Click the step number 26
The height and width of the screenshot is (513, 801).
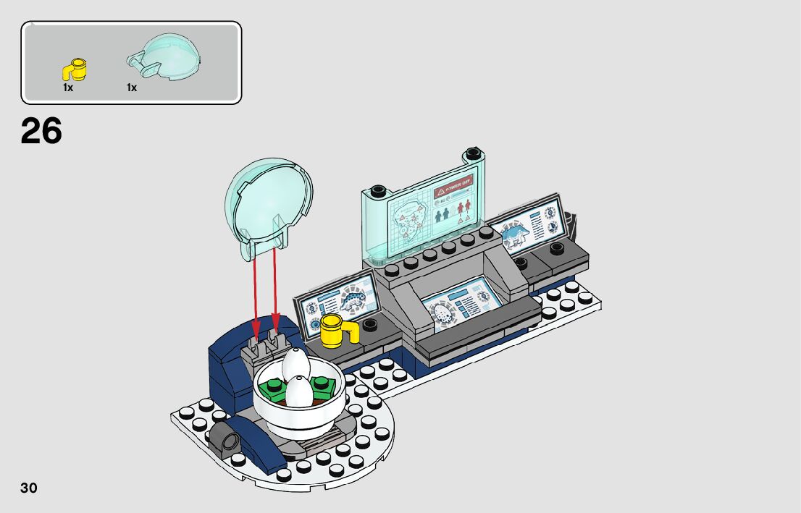(41, 132)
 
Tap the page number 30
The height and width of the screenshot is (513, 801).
(29, 488)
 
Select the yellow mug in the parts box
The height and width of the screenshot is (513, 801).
(75, 69)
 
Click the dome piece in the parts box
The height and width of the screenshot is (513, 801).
(166, 58)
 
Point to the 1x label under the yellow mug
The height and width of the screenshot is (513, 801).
(68, 88)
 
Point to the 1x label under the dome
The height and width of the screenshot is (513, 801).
(132, 88)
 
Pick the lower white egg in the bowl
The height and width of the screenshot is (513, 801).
(298, 392)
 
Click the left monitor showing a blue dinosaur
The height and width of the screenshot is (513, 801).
(337, 300)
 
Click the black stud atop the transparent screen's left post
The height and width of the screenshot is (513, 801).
(376, 192)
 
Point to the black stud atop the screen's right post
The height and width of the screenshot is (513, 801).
(474, 153)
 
